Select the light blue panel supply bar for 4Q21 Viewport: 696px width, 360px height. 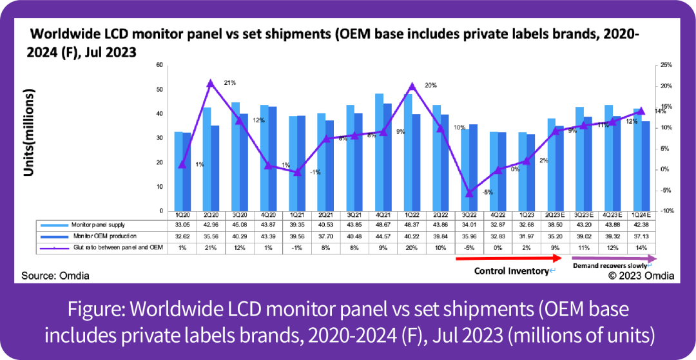pyautogui.click(x=379, y=152)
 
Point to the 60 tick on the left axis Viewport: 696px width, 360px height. pyautogui.click(x=159, y=65)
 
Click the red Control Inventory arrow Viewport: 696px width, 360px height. pyautogui.click(x=510, y=258)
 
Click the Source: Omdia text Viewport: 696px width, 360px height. pyautogui.click(x=55, y=276)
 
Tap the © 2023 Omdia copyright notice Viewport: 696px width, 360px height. pyautogui.click(x=642, y=276)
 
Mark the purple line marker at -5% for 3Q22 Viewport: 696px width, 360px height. pyautogui.click(x=469, y=193)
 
